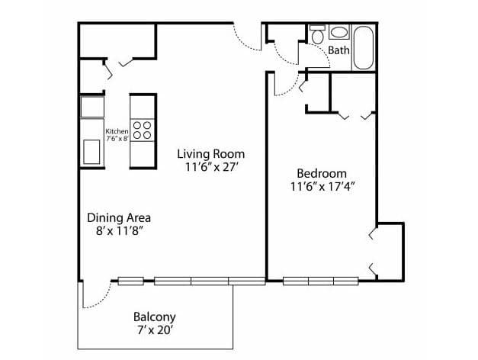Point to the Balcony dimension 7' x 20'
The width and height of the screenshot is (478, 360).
[154, 331]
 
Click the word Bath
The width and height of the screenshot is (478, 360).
[339, 51]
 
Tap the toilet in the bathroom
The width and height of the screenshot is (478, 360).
[317, 34]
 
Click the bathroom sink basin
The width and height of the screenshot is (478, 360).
[338, 33]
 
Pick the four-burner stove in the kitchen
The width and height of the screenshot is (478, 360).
[142, 130]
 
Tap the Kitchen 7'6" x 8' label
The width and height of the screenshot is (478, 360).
[117, 134]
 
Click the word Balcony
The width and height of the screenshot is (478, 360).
[154, 317]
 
